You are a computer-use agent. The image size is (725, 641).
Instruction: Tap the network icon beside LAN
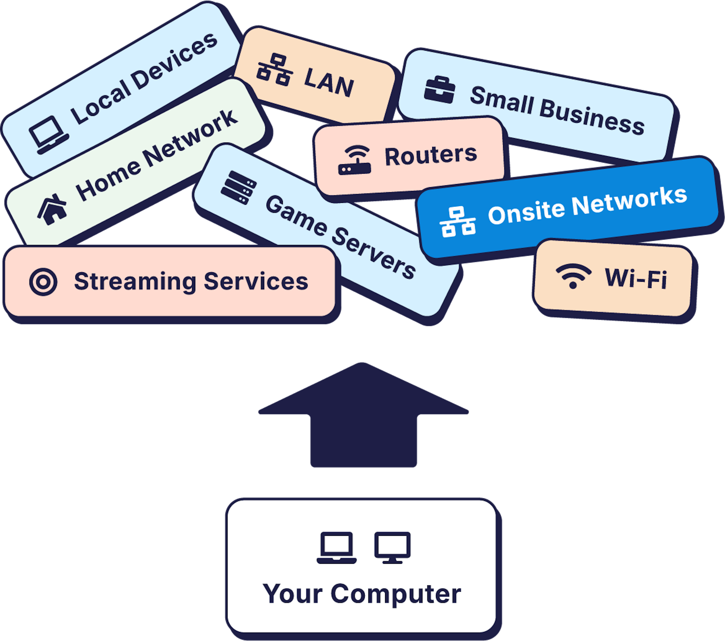pos(275,70)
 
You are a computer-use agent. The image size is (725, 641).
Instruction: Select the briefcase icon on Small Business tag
pos(439,90)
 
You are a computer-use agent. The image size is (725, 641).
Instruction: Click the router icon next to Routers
pos(354,160)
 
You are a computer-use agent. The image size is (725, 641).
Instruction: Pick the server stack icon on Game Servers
pos(238,188)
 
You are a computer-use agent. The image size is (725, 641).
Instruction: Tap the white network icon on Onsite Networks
pos(458,222)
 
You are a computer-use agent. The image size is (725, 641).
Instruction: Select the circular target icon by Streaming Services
pos(43,282)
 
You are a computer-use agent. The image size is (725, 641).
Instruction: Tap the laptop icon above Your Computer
pos(336,548)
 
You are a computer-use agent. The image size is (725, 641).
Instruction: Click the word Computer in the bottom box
pos(396,594)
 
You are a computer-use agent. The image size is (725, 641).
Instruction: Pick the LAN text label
pos(329,82)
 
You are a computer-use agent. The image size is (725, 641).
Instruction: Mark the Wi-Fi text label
pos(636,278)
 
